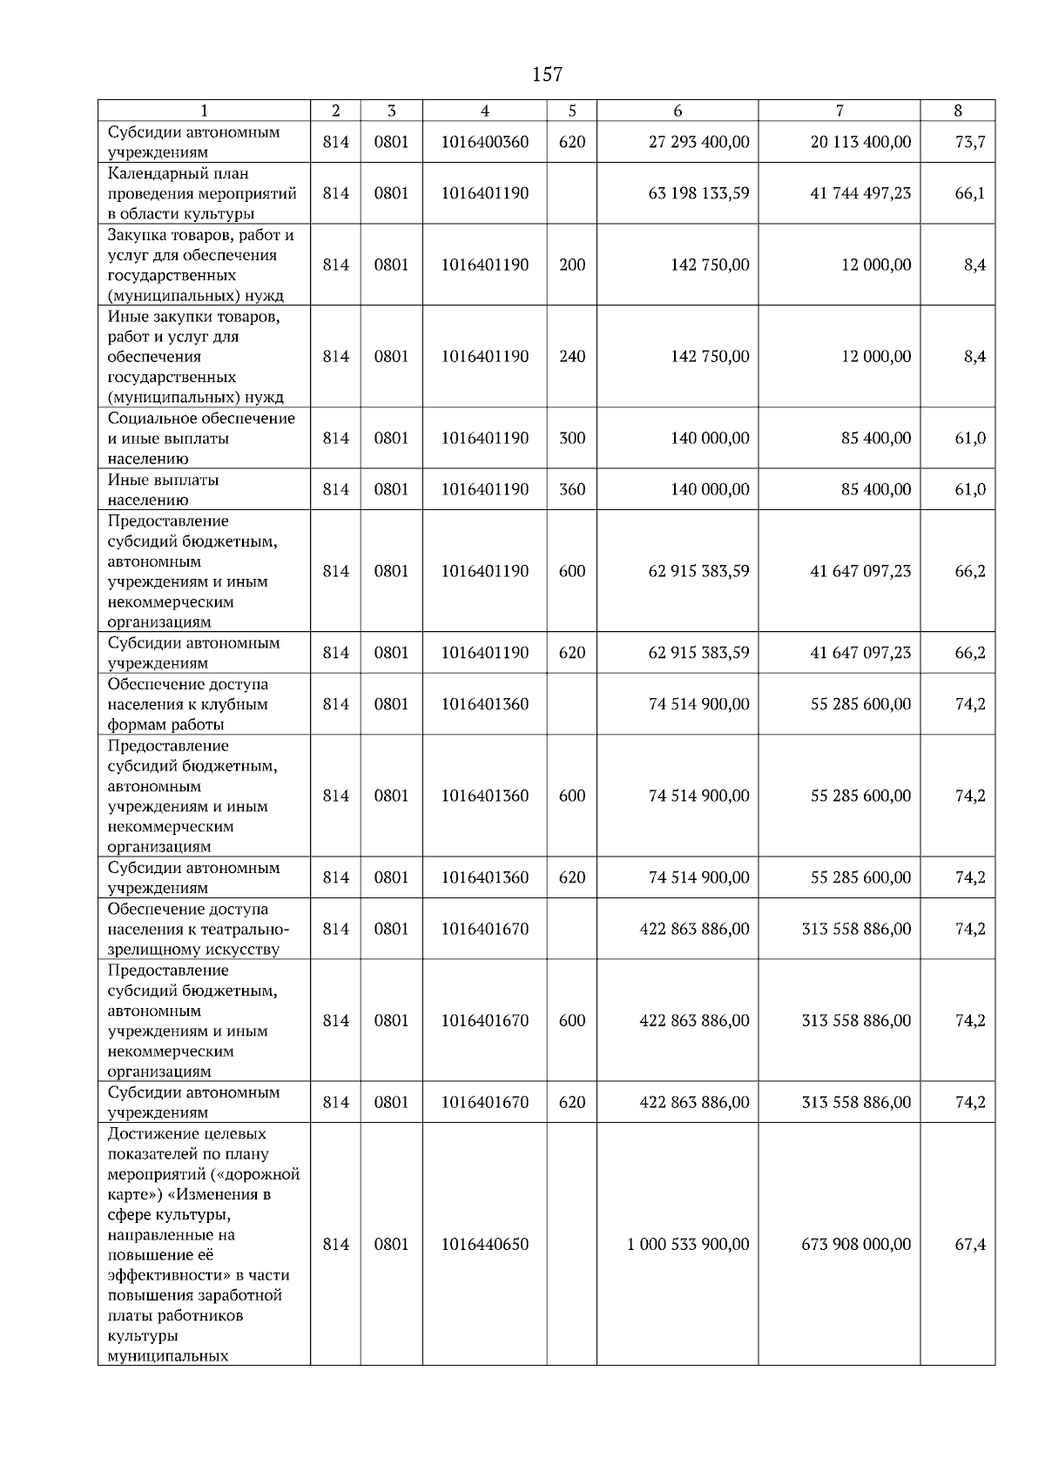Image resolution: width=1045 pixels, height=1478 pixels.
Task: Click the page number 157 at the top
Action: coord(547,75)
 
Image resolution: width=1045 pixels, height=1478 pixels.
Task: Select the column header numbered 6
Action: coord(678,111)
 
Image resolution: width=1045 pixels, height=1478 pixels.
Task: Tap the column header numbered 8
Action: coord(957,111)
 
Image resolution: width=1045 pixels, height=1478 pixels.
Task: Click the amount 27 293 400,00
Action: coord(698,142)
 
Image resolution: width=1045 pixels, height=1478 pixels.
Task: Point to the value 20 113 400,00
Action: coord(860,142)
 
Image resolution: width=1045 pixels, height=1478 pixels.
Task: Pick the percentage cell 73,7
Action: coord(969,142)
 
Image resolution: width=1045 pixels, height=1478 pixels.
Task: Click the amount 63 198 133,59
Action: coord(698,193)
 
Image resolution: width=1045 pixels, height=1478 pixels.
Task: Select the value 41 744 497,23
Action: coord(860,193)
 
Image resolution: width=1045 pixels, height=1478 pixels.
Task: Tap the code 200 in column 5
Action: coord(571,265)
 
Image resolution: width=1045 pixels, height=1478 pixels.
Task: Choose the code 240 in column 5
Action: coord(571,357)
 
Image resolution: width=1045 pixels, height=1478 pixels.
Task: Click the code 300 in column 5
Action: coord(571,439)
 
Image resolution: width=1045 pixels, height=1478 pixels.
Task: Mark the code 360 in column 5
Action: coord(571,490)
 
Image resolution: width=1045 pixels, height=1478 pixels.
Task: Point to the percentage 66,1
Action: coord(969,193)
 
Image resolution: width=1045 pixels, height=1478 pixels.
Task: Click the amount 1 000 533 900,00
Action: coord(688,1245)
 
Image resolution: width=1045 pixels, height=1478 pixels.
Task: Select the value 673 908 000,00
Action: coord(856,1245)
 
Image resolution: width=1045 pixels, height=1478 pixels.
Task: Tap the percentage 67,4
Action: coord(969,1245)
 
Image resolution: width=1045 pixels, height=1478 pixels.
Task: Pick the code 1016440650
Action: coord(484,1245)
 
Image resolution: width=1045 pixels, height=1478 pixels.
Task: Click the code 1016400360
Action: coord(484,142)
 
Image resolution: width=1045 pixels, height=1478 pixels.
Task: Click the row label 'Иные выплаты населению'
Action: coord(163,490)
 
